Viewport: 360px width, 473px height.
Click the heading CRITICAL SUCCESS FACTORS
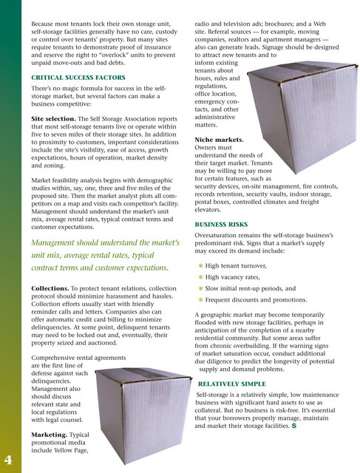coord(78,77)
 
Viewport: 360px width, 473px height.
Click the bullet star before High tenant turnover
coord(200,264)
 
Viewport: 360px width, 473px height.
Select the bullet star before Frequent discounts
coord(200,302)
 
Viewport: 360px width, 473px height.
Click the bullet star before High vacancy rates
coord(200,276)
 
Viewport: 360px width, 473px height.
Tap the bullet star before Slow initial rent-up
coord(200,290)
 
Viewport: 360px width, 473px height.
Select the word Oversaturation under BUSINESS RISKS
coord(218,220)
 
